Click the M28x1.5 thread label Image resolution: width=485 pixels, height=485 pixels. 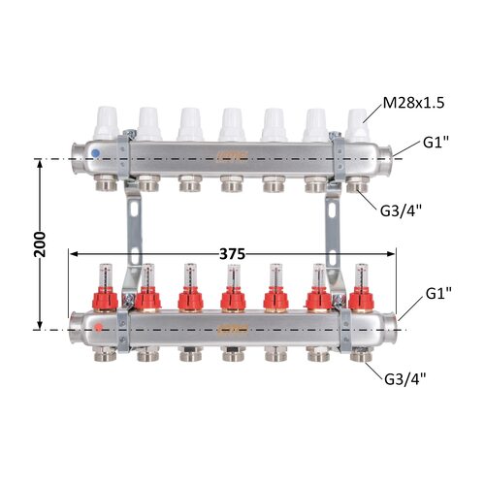point(413,103)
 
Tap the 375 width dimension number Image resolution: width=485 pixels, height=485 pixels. point(232,254)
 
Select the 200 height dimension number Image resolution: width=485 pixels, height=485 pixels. point(40,244)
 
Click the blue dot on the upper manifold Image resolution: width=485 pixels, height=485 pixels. point(95,153)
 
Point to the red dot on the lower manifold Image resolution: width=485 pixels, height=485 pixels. point(97,327)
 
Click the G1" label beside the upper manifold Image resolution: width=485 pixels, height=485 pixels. point(436,143)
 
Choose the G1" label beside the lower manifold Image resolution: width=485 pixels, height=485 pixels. point(438,293)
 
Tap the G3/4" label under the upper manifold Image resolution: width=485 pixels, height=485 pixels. point(401,211)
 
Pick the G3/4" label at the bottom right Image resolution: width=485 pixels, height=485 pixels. point(405,379)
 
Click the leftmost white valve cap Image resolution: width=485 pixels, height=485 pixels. point(106,123)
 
